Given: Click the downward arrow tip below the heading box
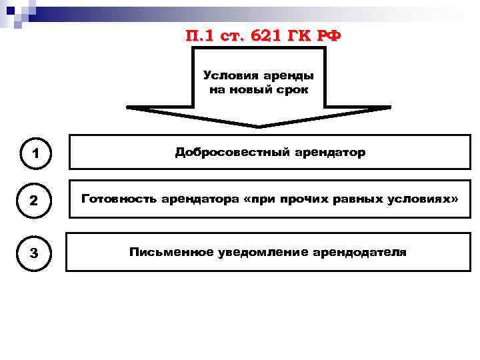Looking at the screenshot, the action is [x=259, y=125].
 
